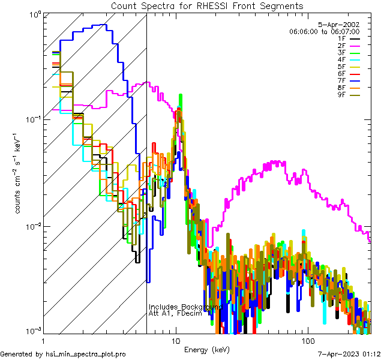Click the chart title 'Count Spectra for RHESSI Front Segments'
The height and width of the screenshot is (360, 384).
[x=207, y=6]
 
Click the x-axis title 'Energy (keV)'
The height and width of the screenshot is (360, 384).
[x=207, y=349]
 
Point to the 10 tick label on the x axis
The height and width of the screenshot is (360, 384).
[x=176, y=340]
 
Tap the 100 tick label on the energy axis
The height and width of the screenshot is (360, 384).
[x=307, y=340]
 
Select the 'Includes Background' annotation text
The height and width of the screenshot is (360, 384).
[x=185, y=307]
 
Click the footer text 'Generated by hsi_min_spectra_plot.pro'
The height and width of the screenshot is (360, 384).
[x=63, y=354]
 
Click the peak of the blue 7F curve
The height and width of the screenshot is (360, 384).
[x=104, y=25]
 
